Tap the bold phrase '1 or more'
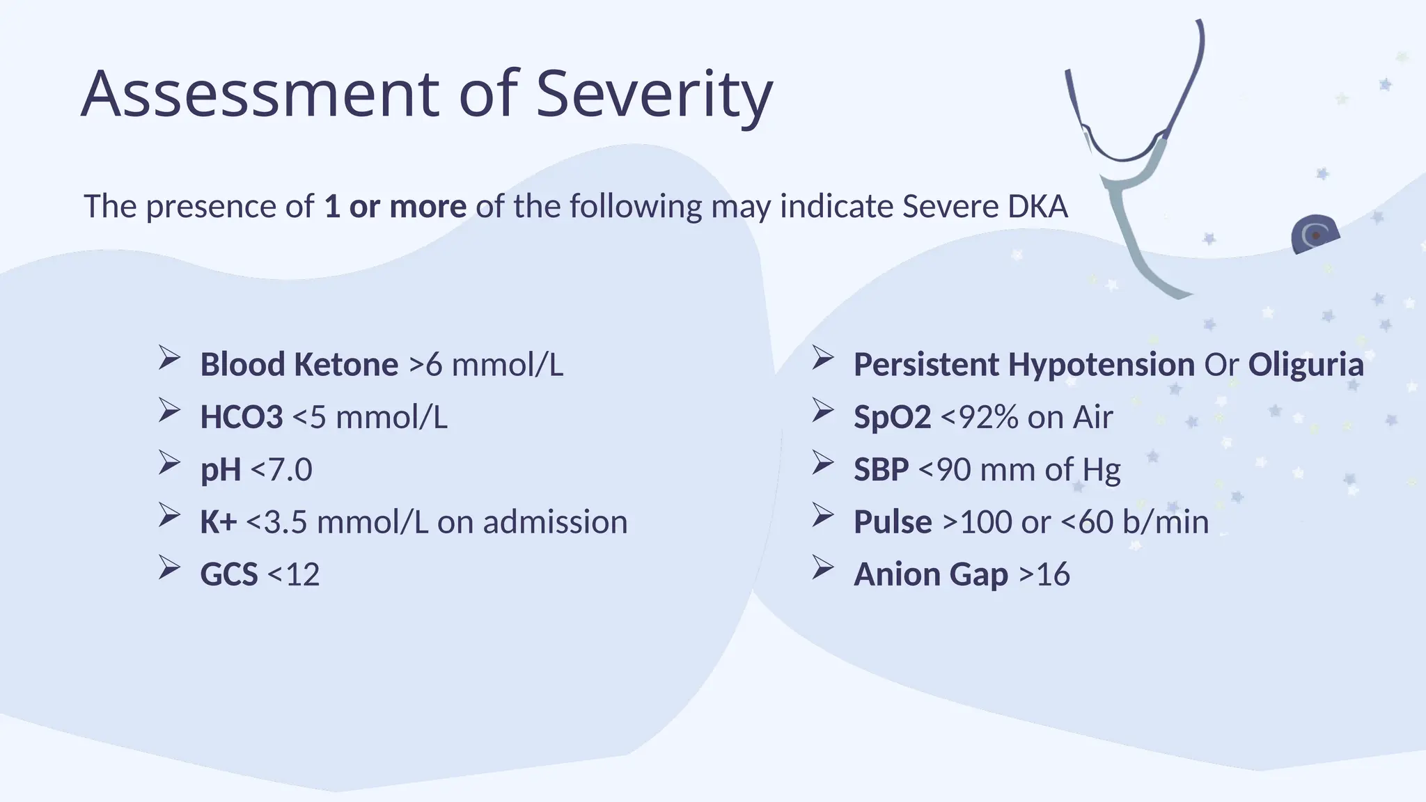[395, 206]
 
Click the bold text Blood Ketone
[299, 364]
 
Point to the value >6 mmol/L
[486, 364]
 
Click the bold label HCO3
[241, 417]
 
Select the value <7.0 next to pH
[281, 469]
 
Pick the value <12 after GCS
[293, 574]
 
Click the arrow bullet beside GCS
[169, 567]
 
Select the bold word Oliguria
[1305, 364]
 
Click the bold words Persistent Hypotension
[1024, 364]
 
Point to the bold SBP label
[881, 469]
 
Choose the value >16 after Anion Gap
[1044, 574]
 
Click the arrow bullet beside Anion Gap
[822, 567]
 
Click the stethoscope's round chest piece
[1315, 235]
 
